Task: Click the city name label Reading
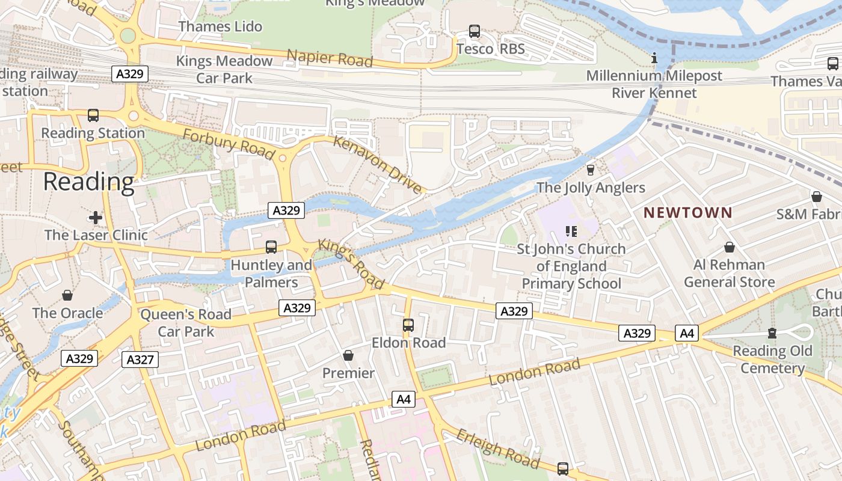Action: pos(88,182)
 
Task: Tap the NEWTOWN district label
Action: pos(688,213)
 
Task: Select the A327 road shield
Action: pos(141,360)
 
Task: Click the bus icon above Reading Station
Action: pos(93,115)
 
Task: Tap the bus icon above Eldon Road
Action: pos(408,325)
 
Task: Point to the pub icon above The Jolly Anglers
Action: pos(590,170)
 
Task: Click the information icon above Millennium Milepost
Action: pos(654,59)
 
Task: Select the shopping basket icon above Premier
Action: pos(348,356)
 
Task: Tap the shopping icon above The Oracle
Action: pos(67,295)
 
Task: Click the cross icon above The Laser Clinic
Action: pos(95,217)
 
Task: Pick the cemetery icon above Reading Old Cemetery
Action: pos(772,333)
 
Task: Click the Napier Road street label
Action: pos(330,58)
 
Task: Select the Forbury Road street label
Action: pos(229,143)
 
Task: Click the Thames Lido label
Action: pos(220,26)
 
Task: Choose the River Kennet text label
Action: pos(654,93)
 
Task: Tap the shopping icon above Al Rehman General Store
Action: pos(729,247)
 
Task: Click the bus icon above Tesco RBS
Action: pos(474,31)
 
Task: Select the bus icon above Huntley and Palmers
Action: pos(271,247)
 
